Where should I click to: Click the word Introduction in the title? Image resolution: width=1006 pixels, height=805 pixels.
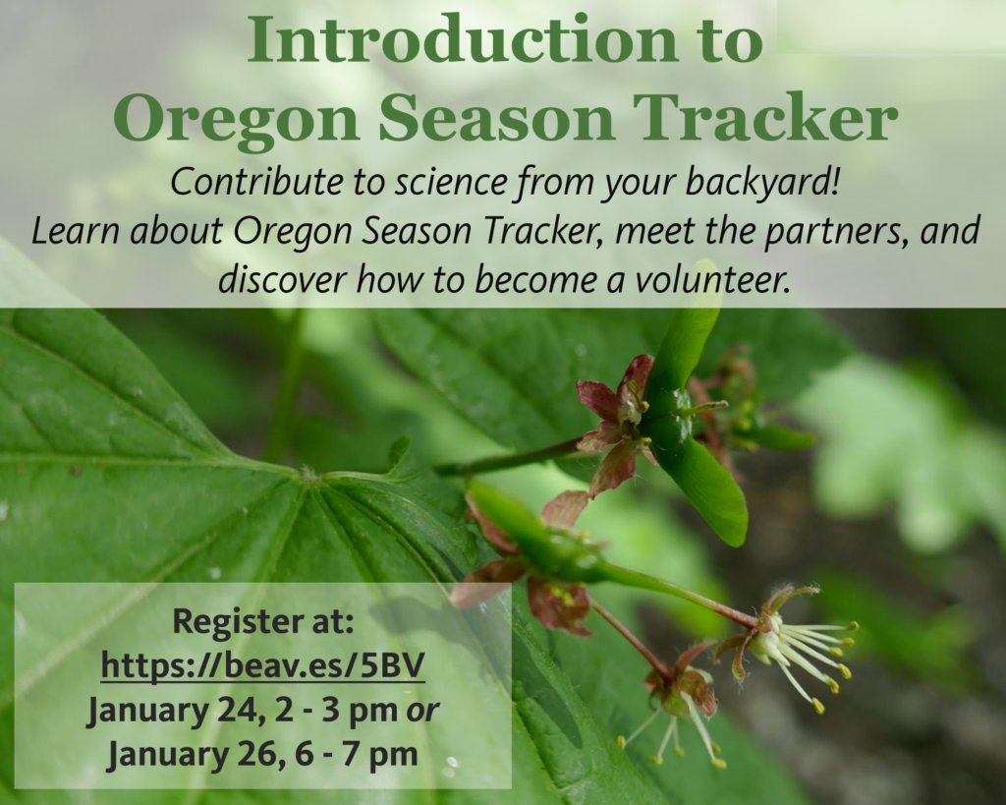[462, 39]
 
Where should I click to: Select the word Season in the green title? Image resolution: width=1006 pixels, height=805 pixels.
[496, 118]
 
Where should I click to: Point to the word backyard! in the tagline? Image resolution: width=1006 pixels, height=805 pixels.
[761, 183]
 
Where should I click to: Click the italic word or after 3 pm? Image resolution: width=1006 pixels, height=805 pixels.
[423, 711]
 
